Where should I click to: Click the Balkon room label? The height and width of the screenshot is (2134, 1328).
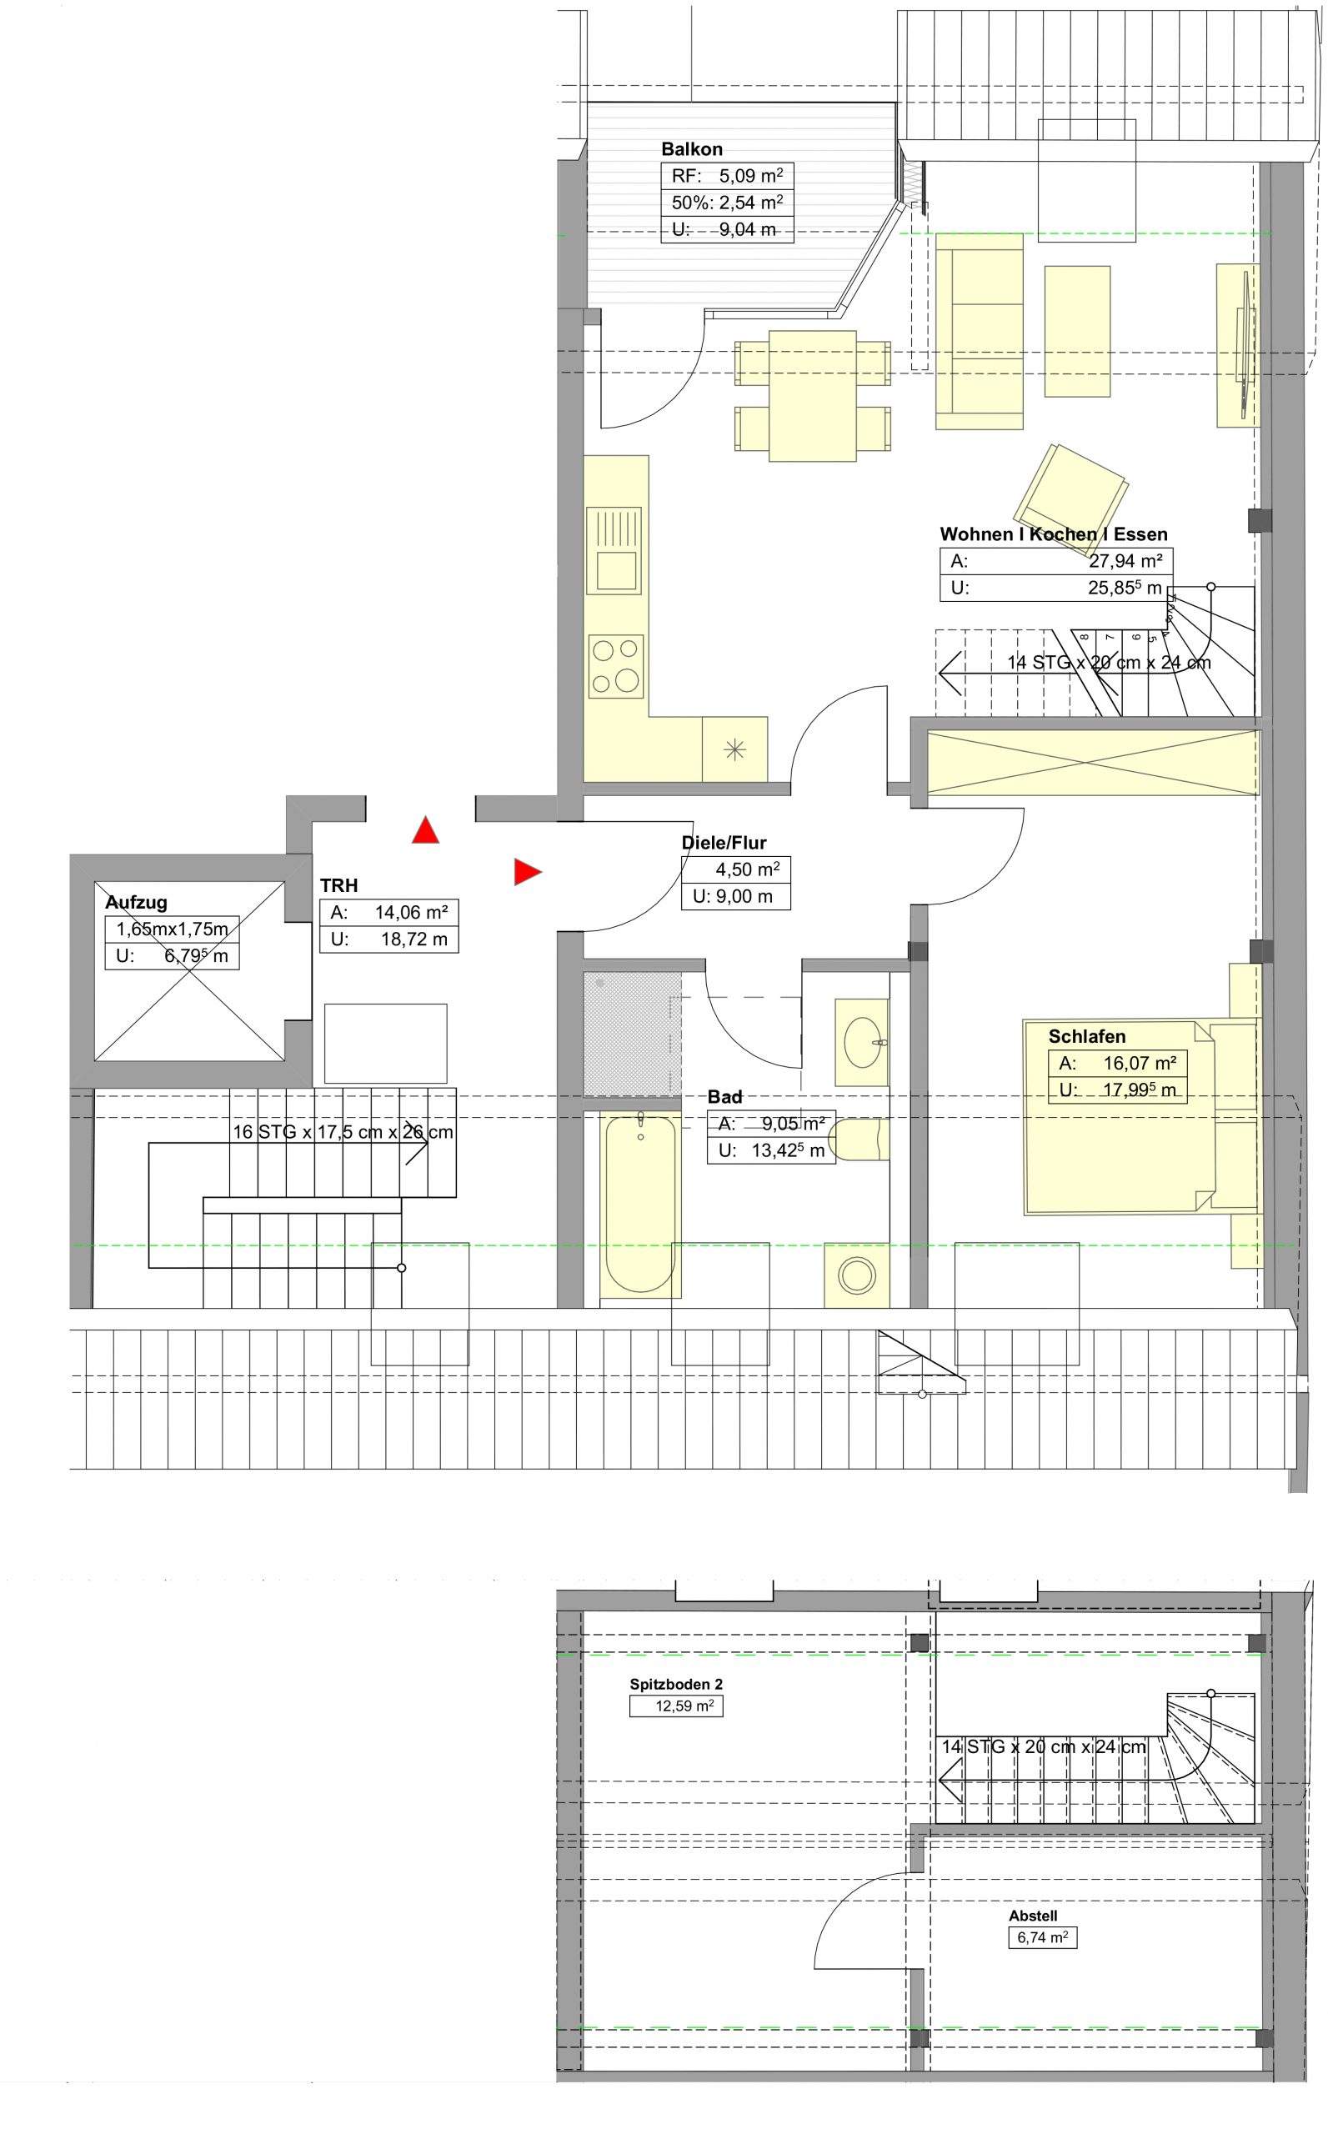[691, 149]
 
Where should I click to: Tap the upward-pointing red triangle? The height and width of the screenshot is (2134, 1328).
[425, 831]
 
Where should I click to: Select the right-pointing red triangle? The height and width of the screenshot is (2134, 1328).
[527, 871]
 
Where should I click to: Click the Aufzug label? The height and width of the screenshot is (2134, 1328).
[136, 902]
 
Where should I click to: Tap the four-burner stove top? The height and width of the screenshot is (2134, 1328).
[616, 666]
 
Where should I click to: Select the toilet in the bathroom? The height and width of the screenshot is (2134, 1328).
[858, 1139]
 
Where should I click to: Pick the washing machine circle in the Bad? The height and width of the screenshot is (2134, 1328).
[856, 1275]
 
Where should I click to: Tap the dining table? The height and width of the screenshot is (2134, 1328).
[813, 395]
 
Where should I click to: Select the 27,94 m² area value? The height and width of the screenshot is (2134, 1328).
[1125, 561]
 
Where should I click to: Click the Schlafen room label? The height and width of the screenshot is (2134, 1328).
[1086, 1036]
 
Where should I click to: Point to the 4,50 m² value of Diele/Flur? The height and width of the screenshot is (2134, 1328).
[748, 869]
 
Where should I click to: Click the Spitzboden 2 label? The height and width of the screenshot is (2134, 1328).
[676, 1685]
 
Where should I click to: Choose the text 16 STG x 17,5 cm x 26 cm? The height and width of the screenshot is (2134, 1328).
[343, 1132]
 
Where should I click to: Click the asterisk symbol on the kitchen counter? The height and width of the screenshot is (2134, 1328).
[734, 750]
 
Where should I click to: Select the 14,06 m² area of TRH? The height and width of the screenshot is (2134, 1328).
[411, 913]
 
